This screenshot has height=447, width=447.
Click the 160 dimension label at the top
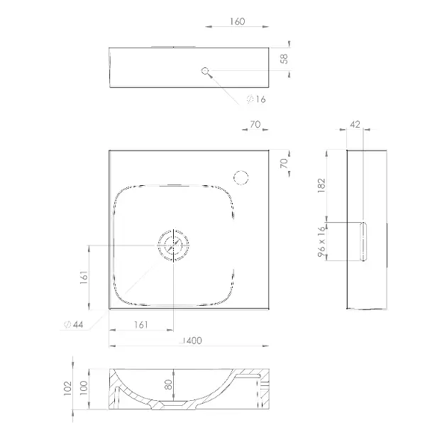(x=237, y=21)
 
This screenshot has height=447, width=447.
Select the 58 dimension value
(x=285, y=59)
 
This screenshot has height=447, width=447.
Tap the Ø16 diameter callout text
(x=256, y=99)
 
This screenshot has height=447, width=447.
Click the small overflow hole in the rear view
(x=205, y=71)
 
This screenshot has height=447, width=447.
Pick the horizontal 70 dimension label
(x=255, y=124)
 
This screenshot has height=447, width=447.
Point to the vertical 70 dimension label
(x=284, y=163)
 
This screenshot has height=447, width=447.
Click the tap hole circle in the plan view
(x=241, y=177)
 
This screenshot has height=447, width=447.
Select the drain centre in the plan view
(x=173, y=245)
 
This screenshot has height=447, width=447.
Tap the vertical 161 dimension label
(x=84, y=277)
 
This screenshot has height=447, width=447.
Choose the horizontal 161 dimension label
(x=141, y=324)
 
